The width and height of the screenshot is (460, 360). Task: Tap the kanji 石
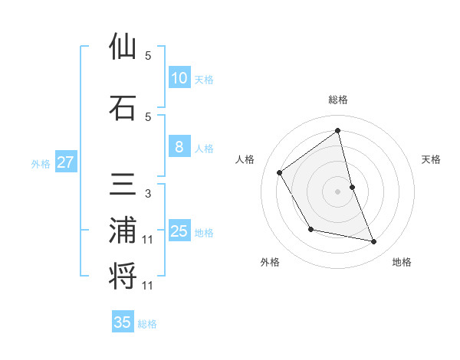[123, 108]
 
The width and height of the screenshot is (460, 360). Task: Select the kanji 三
[123, 187]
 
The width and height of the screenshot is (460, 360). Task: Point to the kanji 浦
[123, 231]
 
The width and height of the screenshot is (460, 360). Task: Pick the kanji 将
[123, 277]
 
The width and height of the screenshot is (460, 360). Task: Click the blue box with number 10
[179, 78]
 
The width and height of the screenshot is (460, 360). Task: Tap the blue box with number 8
[179, 147]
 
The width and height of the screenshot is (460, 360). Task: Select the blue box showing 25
[179, 231]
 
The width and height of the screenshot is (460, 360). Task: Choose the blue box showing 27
[65, 162]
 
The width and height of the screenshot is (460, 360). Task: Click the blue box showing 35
[123, 322]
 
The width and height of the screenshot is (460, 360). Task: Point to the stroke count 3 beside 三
[148, 194]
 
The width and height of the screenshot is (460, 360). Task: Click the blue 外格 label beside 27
[41, 163]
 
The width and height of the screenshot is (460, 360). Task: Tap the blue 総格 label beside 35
[147, 324]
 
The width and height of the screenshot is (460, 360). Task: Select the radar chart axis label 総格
[338, 100]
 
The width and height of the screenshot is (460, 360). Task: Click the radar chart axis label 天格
[432, 159]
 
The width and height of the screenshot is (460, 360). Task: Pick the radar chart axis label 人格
[245, 159]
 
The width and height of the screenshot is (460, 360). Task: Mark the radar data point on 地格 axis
[374, 242]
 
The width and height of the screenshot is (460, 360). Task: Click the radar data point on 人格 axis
[280, 172]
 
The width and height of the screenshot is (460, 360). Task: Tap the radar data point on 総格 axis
[338, 130]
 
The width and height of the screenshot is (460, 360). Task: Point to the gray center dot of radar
[338, 191]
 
